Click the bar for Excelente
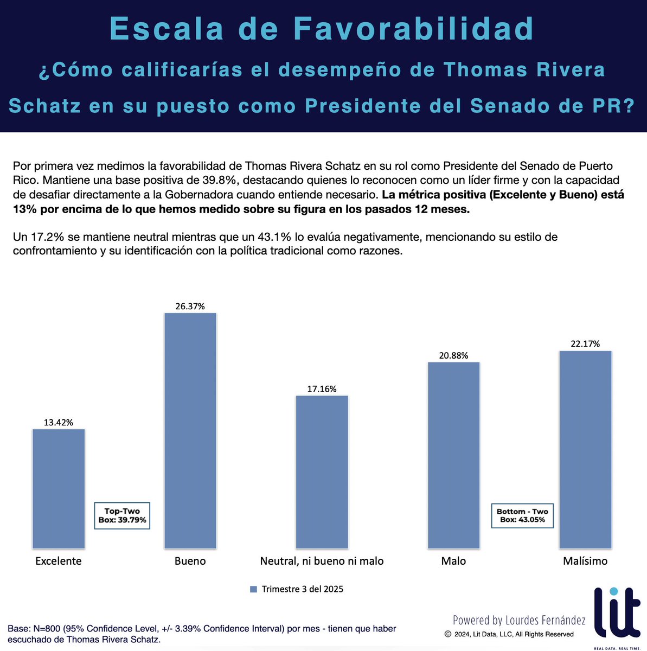pyautogui.click(x=59, y=488)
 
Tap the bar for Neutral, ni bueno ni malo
pyautogui.click(x=322, y=472)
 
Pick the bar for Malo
pyautogui.click(x=453, y=455)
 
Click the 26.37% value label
pyautogui.click(x=190, y=306)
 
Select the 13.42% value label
pyautogui.click(x=59, y=422)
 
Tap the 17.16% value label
pyautogui.click(x=322, y=388)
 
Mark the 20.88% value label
pyautogui.click(x=453, y=355)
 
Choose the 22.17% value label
pyautogui.click(x=585, y=344)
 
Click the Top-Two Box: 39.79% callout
pyautogui.click(x=122, y=515)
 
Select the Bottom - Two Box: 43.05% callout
pyautogui.click(x=522, y=515)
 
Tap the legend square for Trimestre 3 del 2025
pyautogui.click(x=253, y=589)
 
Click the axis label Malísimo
pyautogui.click(x=585, y=561)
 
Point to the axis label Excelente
pyautogui.click(x=59, y=561)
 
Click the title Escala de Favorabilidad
pyautogui.click(x=322, y=29)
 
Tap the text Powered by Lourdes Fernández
pyautogui.click(x=519, y=620)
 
